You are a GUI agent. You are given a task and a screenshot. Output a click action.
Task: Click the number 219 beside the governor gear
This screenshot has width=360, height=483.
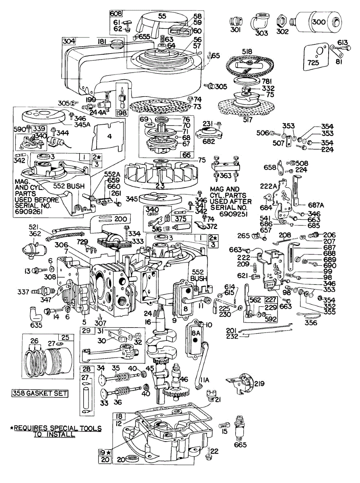click(x=259, y=384)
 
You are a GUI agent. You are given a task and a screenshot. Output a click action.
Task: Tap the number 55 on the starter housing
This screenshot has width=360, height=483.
click(x=162, y=16)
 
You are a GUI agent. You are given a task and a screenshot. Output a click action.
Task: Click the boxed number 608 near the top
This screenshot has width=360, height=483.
click(x=116, y=13)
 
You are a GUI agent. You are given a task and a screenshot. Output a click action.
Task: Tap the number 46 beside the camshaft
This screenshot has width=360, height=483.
click(x=184, y=379)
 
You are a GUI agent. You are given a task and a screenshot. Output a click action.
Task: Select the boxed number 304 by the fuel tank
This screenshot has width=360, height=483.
click(x=69, y=41)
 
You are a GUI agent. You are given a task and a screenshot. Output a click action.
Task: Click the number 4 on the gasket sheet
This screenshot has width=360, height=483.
click(x=109, y=136)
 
